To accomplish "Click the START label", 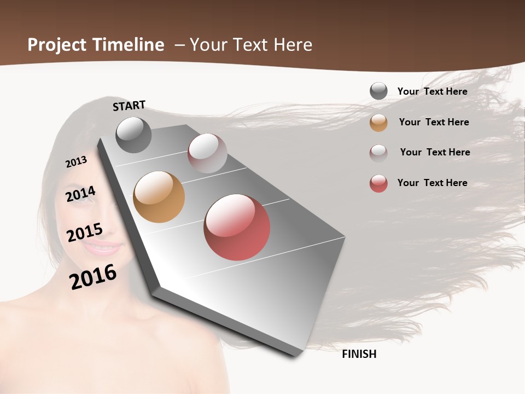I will [129, 106].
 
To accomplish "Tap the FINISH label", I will [359, 354].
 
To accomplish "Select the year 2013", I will [76, 162].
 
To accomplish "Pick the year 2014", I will [80, 194].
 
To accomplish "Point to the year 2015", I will [85, 233].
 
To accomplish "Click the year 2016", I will [93, 276].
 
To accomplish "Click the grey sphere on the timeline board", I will [133, 135].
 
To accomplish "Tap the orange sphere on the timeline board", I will [159, 197].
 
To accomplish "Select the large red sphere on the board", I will [237, 227].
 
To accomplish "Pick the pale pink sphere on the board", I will [207, 153].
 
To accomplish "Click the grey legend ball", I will [378, 91].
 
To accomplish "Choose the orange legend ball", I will [378, 122].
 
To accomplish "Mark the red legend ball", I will [378, 183].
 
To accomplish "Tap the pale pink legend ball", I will [378, 153].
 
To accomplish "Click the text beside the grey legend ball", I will [432, 91].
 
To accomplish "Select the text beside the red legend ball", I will [432, 183].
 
